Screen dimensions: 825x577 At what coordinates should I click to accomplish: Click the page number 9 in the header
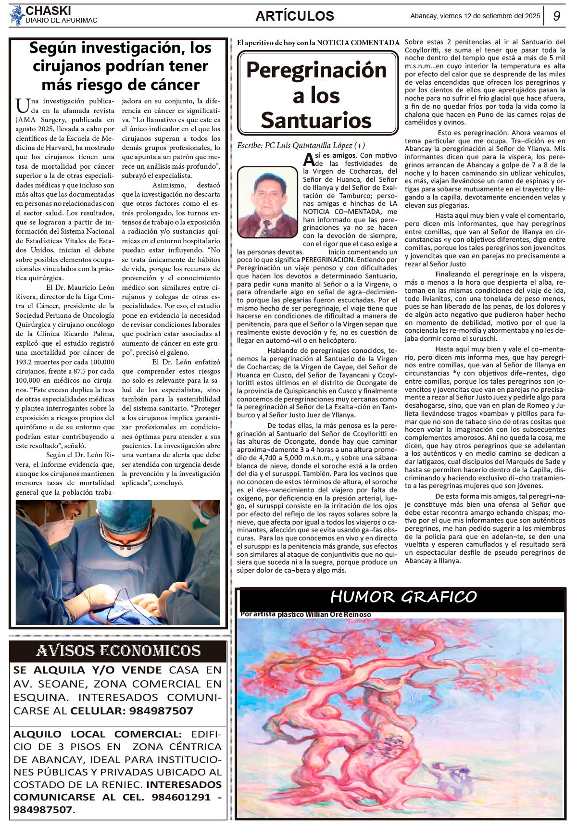click(x=557, y=16)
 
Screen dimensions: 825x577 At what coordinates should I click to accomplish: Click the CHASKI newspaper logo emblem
click(x=17, y=15)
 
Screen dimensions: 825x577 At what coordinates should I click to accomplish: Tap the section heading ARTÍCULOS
click(x=295, y=16)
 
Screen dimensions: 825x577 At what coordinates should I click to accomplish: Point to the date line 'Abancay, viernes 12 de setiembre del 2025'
click(x=475, y=16)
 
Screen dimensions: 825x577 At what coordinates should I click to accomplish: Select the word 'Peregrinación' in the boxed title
click(x=316, y=70)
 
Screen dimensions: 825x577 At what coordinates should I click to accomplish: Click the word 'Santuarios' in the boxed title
click(x=316, y=120)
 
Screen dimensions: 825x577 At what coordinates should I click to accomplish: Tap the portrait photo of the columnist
click(x=267, y=202)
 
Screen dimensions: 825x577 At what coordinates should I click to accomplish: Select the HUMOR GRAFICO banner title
click(x=403, y=597)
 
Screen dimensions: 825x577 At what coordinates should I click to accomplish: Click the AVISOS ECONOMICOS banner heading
click(x=118, y=651)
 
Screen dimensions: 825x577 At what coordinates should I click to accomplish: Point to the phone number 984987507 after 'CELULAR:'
click(x=161, y=711)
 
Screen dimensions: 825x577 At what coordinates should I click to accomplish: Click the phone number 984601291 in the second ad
click(x=181, y=797)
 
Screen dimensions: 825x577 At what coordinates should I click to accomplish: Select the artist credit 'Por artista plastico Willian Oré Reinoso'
click(x=305, y=614)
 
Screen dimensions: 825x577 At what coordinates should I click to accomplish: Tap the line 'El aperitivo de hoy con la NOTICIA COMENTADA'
click(x=318, y=43)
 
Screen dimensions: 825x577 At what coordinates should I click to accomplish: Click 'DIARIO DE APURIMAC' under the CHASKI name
click(x=62, y=20)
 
